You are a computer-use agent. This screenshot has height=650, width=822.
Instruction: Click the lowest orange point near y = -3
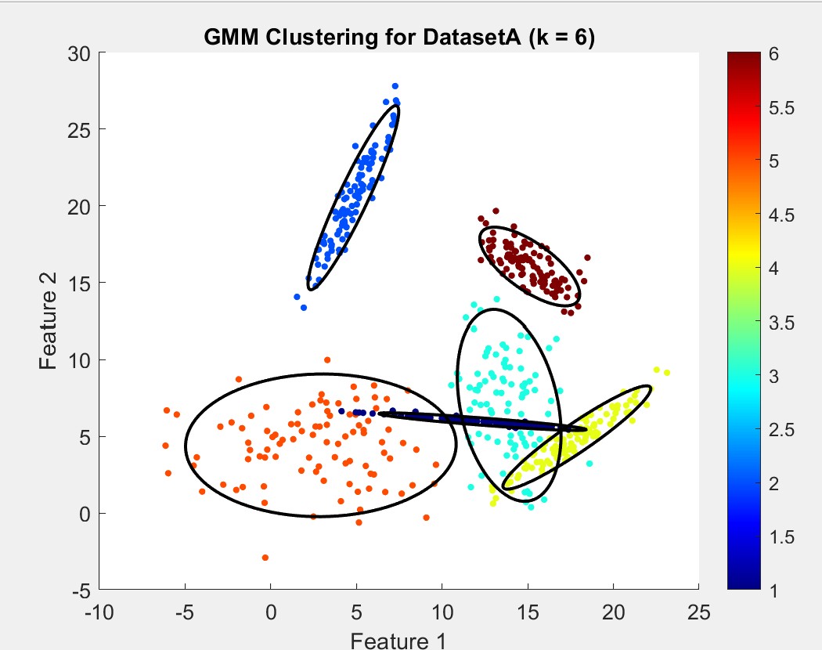click(x=265, y=558)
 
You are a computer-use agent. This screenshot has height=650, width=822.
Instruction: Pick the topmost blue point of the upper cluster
click(x=395, y=86)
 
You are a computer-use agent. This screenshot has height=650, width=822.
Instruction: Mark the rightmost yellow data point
click(x=667, y=373)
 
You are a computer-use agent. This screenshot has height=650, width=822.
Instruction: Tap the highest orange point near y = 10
click(x=327, y=360)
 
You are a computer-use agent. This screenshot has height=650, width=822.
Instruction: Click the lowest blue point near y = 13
click(x=304, y=308)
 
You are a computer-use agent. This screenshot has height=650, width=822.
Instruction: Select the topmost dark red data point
click(x=496, y=211)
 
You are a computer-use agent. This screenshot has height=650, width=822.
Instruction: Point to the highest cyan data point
click(x=496, y=299)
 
